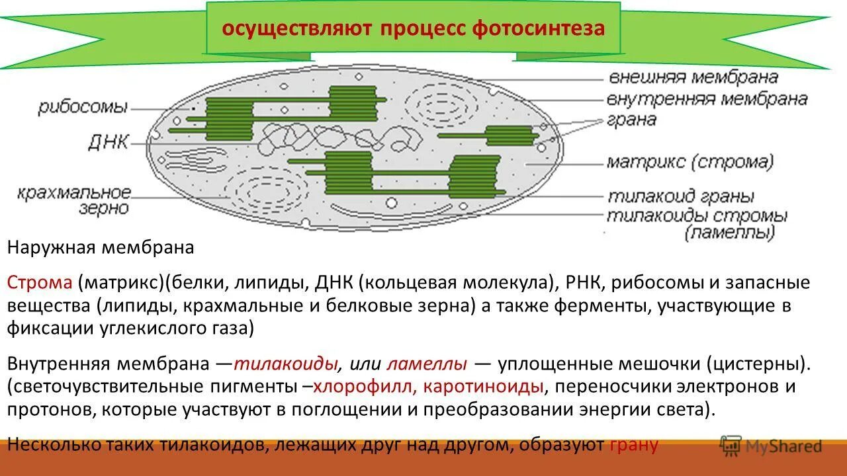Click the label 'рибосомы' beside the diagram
click(x=83, y=108)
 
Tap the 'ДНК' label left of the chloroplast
click(x=108, y=141)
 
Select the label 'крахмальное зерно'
click(x=74, y=200)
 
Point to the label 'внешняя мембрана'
click(x=692, y=77)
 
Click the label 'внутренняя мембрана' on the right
click(x=707, y=99)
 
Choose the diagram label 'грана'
click(x=632, y=120)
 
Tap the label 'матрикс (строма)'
click(x=690, y=161)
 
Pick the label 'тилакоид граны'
click(x=681, y=197)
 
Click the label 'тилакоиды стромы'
click(x=697, y=216)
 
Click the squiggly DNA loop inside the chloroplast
click(x=337, y=139)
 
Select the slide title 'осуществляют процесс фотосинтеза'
click(x=413, y=29)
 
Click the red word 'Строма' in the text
click(x=40, y=283)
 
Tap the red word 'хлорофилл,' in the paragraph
click(x=364, y=386)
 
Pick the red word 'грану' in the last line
click(x=633, y=444)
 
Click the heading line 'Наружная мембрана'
click(x=101, y=248)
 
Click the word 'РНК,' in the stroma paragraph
click(x=584, y=283)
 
